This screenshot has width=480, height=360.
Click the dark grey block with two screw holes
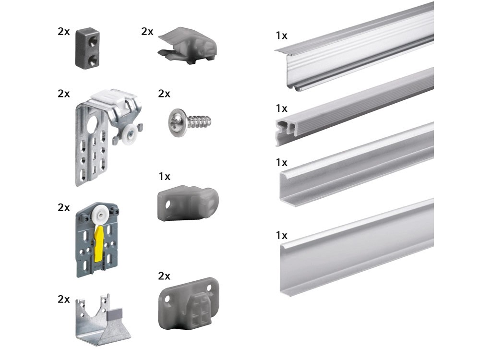tap(87, 47)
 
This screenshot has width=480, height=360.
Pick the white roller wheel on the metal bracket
tap(130, 133)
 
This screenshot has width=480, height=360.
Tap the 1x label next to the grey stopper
tap(164, 176)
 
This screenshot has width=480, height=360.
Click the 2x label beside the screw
tap(164, 94)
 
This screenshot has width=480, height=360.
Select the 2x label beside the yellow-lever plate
tap(64, 207)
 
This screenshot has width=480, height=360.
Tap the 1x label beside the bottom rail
tap(282, 235)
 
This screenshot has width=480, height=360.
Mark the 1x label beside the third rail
tap(282, 163)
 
